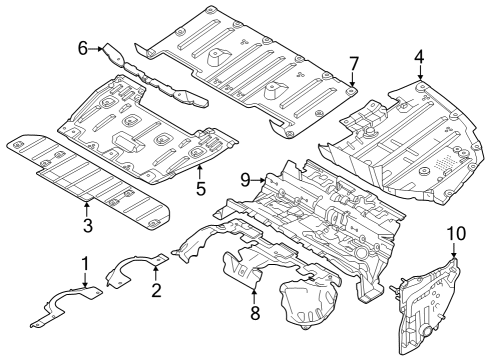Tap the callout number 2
[156, 290]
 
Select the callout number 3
[88, 226]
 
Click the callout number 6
[83, 47]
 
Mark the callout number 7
[353, 65]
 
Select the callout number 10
[455, 234]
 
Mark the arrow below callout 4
[421, 75]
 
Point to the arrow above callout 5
[200, 169]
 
